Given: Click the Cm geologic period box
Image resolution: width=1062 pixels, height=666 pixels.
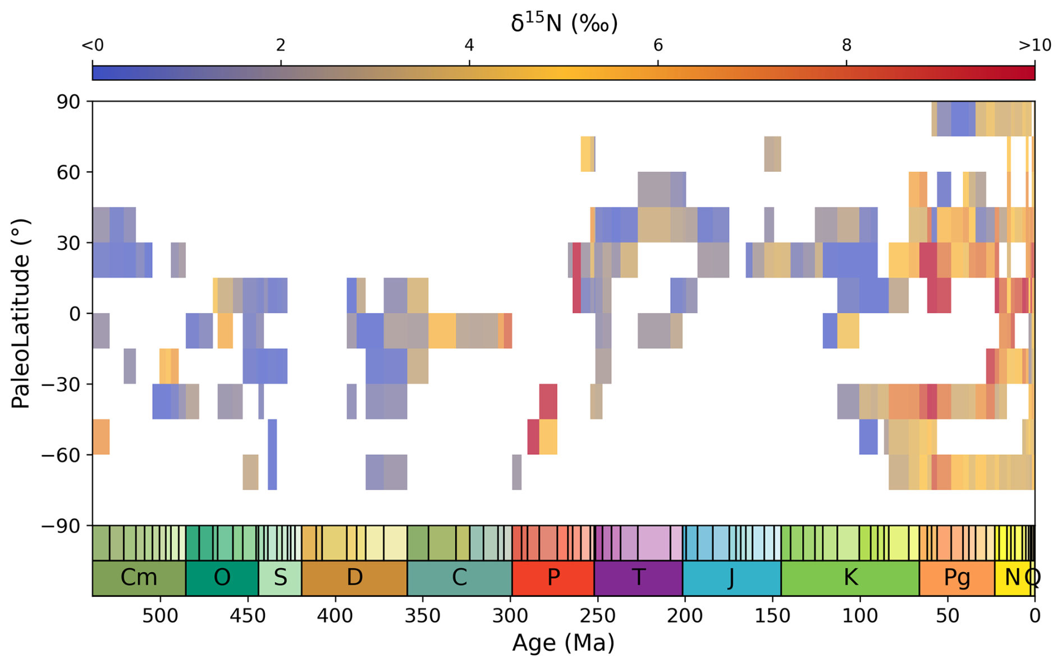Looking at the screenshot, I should click(x=139, y=578).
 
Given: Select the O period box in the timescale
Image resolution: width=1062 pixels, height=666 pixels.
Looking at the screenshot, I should click(x=222, y=578).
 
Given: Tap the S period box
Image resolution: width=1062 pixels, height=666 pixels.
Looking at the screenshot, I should click(x=280, y=578).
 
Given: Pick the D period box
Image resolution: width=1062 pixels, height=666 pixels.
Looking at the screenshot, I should click(x=354, y=578).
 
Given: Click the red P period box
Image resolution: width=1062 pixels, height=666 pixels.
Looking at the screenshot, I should click(x=553, y=578).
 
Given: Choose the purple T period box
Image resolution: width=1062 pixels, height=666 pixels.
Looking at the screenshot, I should click(x=638, y=578).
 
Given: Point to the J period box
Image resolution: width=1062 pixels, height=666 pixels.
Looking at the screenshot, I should click(x=731, y=578).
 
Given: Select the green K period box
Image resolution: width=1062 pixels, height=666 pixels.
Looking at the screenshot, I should click(x=850, y=578).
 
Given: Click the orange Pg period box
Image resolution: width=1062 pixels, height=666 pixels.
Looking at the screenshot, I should click(x=956, y=578).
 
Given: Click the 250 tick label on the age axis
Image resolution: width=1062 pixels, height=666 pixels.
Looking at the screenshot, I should click(x=597, y=616).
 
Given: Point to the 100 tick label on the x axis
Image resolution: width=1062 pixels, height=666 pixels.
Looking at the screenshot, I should click(x=860, y=616).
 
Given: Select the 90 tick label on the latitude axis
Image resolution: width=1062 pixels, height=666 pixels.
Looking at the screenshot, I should click(x=67, y=102).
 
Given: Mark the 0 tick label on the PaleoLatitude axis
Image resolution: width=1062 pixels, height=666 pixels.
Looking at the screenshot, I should click(x=75, y=314).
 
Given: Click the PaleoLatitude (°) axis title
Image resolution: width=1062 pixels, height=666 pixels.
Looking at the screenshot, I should click(x=20, y=313).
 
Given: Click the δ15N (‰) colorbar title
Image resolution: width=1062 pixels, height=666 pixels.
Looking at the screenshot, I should click(x=564, y=22).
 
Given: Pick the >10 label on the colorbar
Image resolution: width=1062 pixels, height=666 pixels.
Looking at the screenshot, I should click(x=1034, y=45).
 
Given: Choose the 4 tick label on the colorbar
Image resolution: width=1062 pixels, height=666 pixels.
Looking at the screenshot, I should click(x=469, y=45).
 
